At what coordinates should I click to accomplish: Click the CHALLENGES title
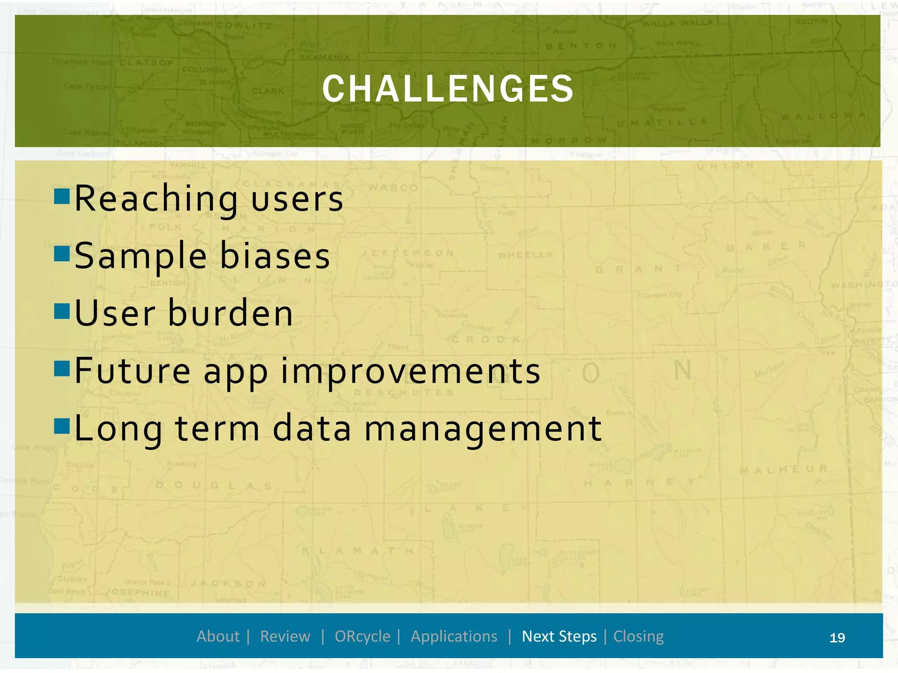click(x=448, y=89)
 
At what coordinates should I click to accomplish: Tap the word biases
click(x=275, y=256)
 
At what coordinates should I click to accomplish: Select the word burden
click(x=231, y=314)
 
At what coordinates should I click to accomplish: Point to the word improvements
click(x=410, y=372)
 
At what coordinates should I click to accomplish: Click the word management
click(x=483, y=429)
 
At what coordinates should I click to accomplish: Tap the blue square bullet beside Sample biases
click(x=62, y=253)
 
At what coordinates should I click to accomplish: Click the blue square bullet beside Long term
click(x=62, y=425)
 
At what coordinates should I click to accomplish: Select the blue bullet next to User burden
click(x=62, y=311)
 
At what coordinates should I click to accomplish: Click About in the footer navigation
click(x=218, y=636)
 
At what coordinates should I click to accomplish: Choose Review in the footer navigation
click(x=285, y=636)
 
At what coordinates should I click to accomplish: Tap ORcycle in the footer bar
click(x=362, y=636)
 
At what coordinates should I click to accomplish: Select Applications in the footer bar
click(x=454, y=636)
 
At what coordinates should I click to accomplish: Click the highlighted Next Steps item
click(x=559, y=636)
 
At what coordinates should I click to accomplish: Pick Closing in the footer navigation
click(x=638, y=636)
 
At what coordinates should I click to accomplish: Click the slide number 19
click(x=837, y=638)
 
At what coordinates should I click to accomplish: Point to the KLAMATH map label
click(x=357, y=551)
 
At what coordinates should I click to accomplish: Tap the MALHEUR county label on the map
click(x=783, y=469)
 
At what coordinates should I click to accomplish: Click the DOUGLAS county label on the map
click(x=214, y=485)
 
